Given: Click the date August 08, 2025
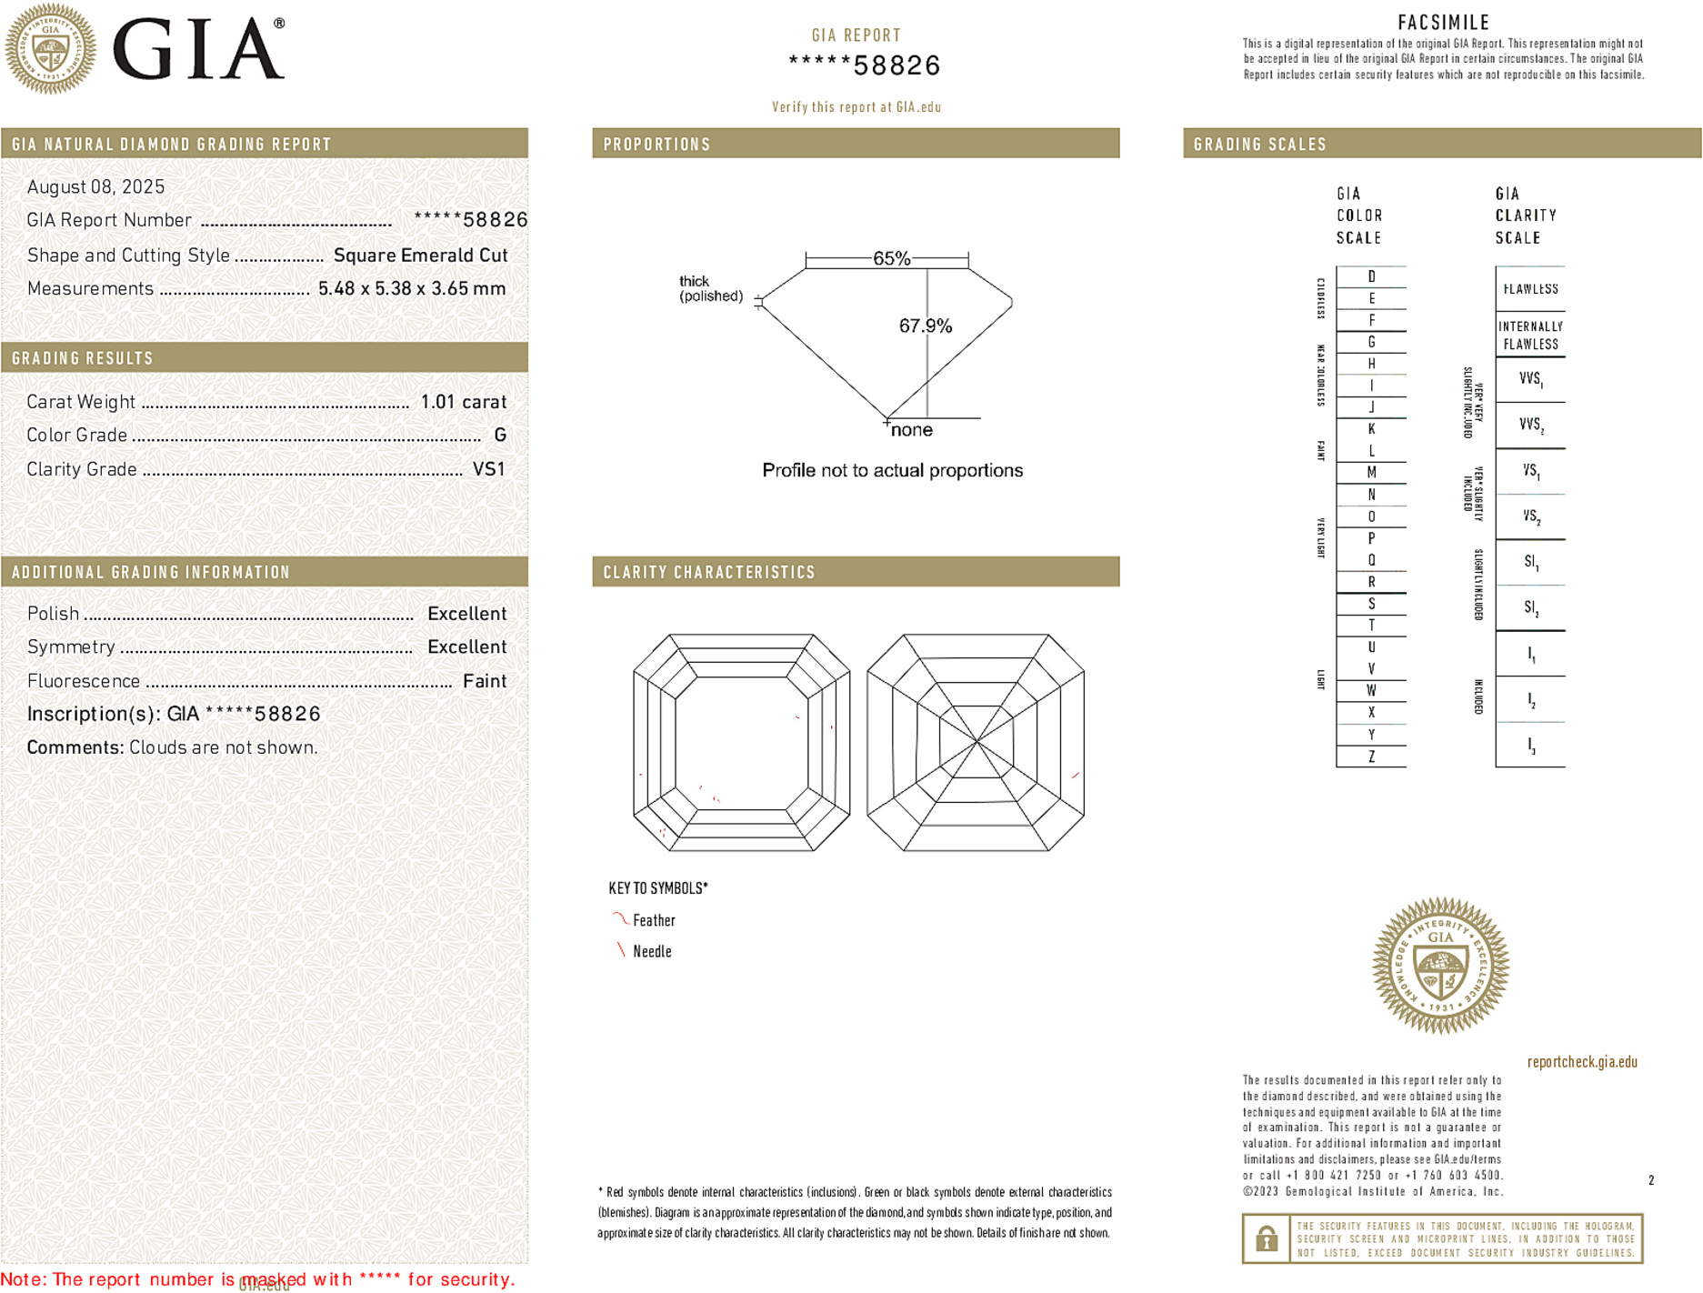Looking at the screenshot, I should point(95,186).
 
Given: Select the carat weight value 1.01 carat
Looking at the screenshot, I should point(463,402).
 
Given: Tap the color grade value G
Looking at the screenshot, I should point(500,436).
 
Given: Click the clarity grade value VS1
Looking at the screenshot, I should point(488,469).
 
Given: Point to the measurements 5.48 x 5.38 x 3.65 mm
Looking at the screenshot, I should point(411,289).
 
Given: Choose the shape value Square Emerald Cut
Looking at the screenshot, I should point(420,256).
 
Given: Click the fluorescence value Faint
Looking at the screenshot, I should point(484,681).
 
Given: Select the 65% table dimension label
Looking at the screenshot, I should point(891,258).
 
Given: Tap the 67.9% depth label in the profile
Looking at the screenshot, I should point(925,326).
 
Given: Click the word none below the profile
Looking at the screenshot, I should point(911,430).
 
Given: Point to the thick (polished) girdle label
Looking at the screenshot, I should point(710,288).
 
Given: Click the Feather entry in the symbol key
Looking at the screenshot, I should point(654,920).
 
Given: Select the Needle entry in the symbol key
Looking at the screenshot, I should point(652,951).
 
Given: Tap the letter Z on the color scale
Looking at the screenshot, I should point(1371,757).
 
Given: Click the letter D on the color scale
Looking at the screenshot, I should point(1371,276).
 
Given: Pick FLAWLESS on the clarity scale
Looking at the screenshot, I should point(1530,289).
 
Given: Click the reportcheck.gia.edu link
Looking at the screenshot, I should point(1582,1062).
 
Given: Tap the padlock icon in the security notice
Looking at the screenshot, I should point(1266,1238).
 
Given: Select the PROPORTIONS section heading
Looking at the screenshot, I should point(656,145).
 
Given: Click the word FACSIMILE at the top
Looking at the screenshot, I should point(1443,22).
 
